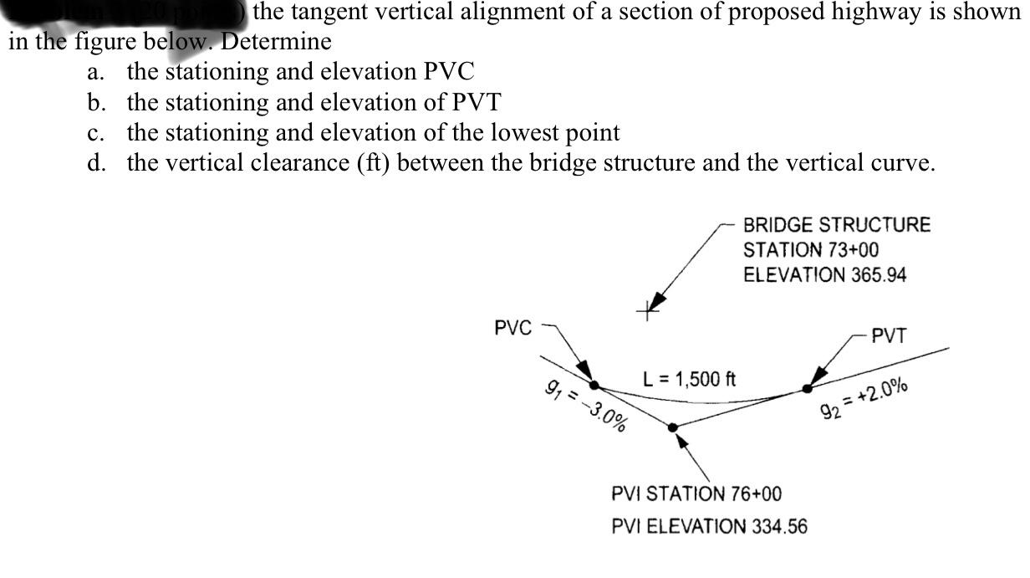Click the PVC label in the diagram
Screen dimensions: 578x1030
coord(512,327)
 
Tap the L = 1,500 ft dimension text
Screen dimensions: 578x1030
coord(688,379)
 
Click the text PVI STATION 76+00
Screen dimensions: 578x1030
coord(696,494)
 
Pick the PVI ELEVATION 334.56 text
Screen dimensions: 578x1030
coord(710,526)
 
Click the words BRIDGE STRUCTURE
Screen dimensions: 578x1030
coord(836,225)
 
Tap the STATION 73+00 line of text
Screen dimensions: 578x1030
coord(811,250)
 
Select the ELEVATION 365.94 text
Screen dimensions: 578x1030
coord(824,275)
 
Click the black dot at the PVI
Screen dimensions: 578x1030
coord(674,427)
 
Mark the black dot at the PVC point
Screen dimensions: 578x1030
coord(594,386)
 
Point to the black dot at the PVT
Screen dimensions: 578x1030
coord(807,388)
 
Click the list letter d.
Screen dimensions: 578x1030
coord(94,162)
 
